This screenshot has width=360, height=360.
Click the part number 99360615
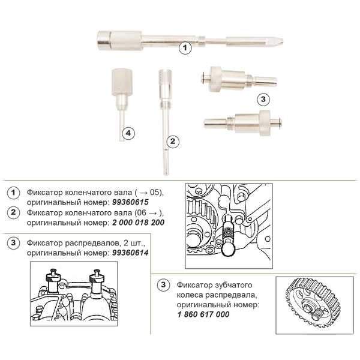pos(130,202)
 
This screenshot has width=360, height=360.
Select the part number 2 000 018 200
pos(138,222)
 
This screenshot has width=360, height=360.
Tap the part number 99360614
pos(130,253)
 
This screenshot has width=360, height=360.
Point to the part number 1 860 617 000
pos(203,314)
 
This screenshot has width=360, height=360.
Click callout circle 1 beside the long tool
pos(185,48)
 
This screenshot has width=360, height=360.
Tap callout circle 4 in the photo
pos(128,133)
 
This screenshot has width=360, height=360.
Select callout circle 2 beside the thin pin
pos(173,141)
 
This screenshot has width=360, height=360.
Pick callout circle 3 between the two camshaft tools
pos(263,99)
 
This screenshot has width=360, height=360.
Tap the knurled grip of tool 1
pos(126,41)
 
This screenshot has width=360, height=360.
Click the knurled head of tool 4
pos(122,82)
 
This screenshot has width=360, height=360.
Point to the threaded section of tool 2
pos(165,106)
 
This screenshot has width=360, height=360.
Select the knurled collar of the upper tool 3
pos(215,79)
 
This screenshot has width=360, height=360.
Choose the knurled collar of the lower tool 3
pos(265,123)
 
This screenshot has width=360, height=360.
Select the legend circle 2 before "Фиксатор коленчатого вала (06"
pos(13,212)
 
